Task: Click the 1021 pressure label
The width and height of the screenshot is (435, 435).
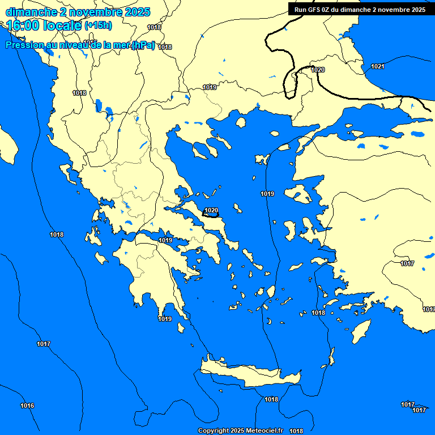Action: click(x=377, y=67)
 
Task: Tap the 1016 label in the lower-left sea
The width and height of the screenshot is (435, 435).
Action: click(x=27, y=406)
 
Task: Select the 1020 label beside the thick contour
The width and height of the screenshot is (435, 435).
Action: click(x=318, y=70)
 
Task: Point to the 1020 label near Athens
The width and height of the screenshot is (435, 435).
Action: click(x=211, y=210)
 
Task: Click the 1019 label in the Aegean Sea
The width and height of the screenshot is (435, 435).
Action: click(x=267, y=194)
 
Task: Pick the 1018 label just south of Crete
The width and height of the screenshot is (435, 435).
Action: click(x=271, y=399)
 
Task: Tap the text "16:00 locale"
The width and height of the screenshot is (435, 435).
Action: click(x=44, y=25)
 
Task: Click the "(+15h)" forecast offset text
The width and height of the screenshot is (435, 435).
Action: click(x=98, y=25)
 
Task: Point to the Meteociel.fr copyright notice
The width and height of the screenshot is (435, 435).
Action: click(x=240, y=430)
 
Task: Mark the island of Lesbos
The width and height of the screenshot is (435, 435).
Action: click(x=298, y=196)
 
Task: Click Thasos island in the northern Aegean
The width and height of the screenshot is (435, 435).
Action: click(x=241, y=122)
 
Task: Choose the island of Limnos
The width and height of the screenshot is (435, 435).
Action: click(x=262, y=159)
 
